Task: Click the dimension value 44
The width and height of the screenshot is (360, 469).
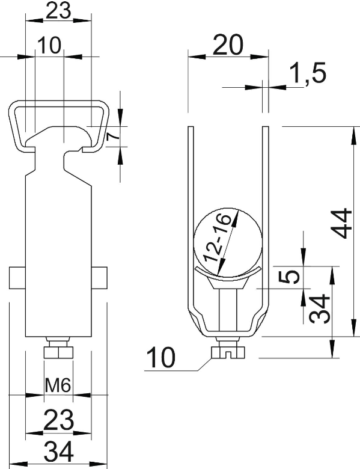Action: [x=341, y=223]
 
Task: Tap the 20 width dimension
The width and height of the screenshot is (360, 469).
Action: [x=229, y=45]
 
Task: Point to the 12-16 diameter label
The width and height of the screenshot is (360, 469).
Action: [x=218, y=238]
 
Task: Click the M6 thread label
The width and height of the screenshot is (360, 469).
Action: [x=58, y=385]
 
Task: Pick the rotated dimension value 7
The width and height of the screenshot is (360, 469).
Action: [x=113, y=136]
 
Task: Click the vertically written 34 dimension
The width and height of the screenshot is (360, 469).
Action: [x=319, y=310]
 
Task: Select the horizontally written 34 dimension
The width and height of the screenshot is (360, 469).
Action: [x=59, y=452]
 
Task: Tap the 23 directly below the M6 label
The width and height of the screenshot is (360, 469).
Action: [x=59, y=420]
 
